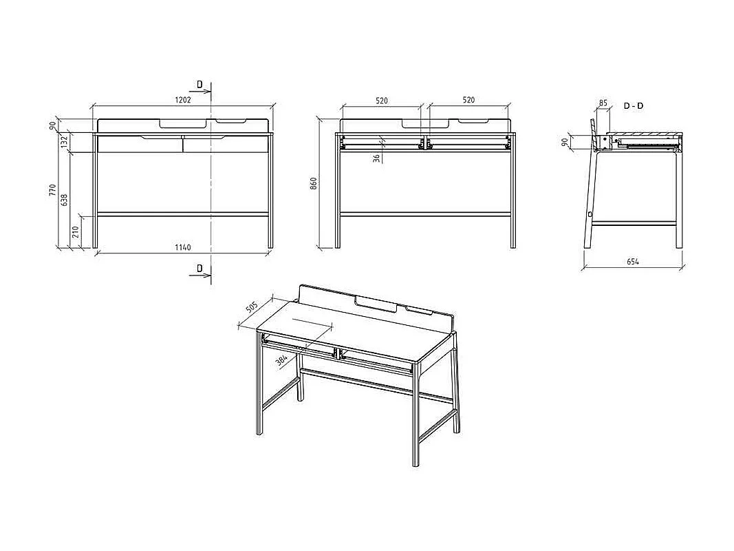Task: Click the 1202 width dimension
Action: click(182, 100)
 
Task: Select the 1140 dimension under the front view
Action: click(182, 247)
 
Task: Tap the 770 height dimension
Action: click(52, 190)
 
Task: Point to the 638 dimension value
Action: click(65, 199)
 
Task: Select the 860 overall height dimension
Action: click(314, 183)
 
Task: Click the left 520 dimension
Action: click(382, 101)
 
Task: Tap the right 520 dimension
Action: click(468, 101)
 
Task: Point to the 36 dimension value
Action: click(376, 158)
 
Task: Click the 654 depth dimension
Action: click(633, 262)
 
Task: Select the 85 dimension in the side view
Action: click(603, 103)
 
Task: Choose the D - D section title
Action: click(634, 106)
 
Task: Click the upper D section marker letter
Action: click(199, 85)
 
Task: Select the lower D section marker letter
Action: click(199, 268)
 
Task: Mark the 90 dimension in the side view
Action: click(565, 142)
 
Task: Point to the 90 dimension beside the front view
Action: click(52, 125)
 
